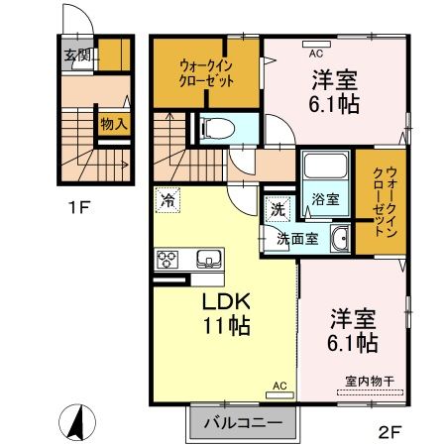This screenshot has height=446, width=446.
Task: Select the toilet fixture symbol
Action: [x=213, y=127]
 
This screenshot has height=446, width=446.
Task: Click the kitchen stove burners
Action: [x=167, y=262]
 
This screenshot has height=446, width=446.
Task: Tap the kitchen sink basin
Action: [x=209, y=261]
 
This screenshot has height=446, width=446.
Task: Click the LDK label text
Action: [x=226, y=300]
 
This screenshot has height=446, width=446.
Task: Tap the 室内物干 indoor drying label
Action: [x=369, y=381]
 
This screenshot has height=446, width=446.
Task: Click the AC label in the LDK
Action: [x=278, y=384]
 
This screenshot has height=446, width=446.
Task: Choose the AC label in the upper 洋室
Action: [x=316, y=54]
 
